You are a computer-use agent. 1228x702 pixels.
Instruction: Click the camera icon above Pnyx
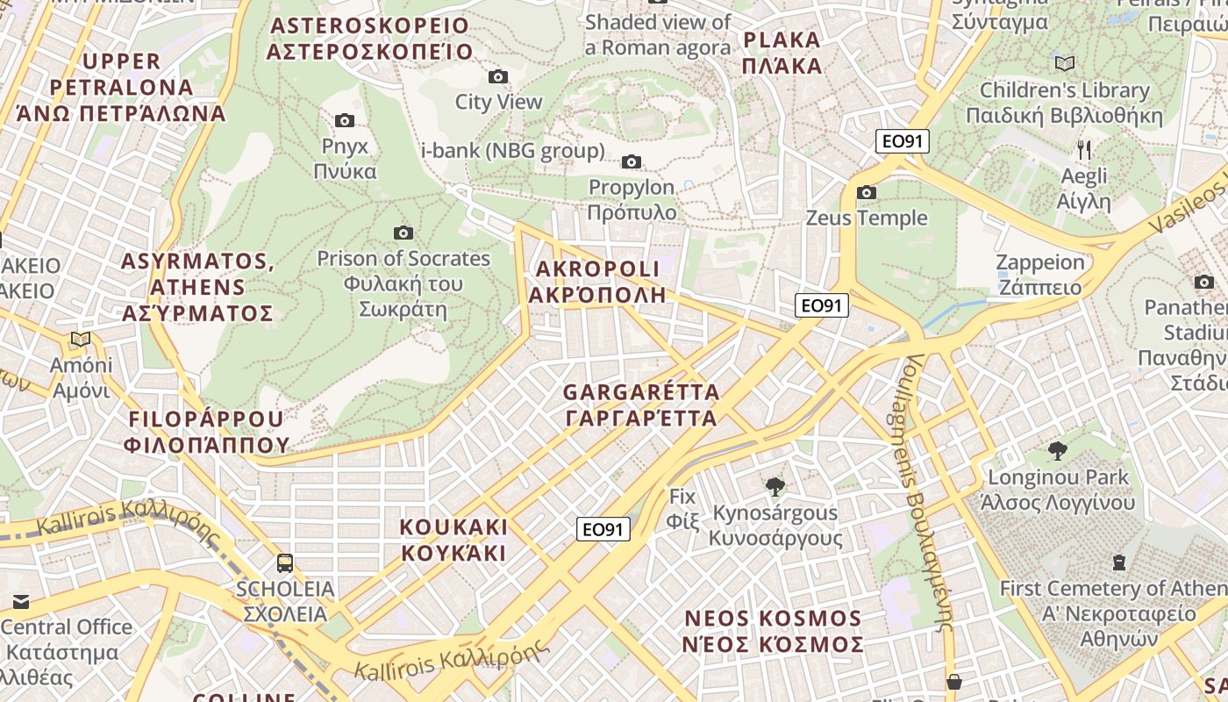tap(345, 120)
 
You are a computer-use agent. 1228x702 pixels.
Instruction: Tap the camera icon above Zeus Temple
tap(867, 192)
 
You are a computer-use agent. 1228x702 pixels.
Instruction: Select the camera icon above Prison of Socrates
tap(403, 233)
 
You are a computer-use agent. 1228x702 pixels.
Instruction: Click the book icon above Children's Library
tap(1065, 63)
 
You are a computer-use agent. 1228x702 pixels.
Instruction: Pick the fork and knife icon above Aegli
tap(1084, 149)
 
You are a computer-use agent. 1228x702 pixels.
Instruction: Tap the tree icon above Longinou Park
tap(1057, 451)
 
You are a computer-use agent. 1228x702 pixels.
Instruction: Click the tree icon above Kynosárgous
tap(775, 486)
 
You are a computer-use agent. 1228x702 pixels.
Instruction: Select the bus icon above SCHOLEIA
tap(285, 562)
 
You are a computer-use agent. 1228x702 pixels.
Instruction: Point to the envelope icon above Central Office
tap(20, 601)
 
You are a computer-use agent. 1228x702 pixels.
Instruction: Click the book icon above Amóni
tap(81, 339)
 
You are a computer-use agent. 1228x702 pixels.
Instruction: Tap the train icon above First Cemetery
tap(1119, 562)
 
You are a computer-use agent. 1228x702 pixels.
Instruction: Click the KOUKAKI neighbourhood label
tap(453, 540)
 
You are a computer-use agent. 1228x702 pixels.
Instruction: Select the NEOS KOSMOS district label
tap(774, 631)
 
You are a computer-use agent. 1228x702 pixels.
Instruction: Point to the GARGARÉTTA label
tap(641, 405)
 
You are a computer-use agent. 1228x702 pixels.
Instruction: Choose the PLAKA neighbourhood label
tap(782, 53)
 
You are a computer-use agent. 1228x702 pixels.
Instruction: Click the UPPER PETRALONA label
tap(121, 87)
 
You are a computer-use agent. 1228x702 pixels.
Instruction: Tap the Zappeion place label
tap(1040, 275)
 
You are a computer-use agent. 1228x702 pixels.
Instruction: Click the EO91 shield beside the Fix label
tap(604, 529)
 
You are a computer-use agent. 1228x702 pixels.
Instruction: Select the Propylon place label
tap(632, 200)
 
